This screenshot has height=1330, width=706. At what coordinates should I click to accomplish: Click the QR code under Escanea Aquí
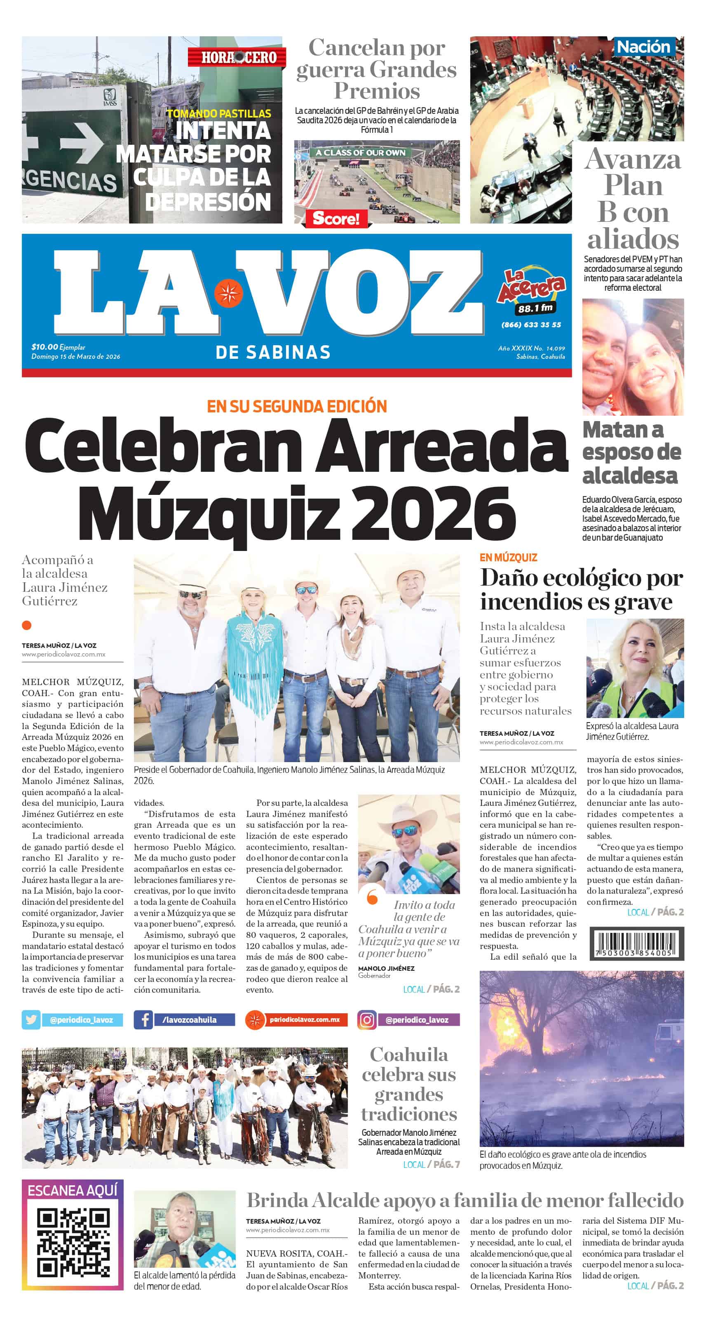point(73,1242)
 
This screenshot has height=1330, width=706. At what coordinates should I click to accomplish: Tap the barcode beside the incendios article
point(636,943)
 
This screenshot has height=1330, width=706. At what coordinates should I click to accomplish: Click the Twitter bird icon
point(31,1020)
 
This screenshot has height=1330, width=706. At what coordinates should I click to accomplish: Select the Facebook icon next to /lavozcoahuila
point(143,1020)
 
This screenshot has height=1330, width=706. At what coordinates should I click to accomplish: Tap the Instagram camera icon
point(367,1020)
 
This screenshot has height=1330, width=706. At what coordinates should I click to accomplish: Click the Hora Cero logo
point(237,57)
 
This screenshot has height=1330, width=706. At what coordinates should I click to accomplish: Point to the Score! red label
point(336,219)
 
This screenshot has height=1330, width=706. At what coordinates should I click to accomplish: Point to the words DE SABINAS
point(272,352)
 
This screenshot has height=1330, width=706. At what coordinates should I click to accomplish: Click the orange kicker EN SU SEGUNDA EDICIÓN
point(297,406)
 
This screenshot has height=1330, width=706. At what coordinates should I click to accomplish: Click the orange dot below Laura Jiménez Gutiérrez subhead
point(27,625)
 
